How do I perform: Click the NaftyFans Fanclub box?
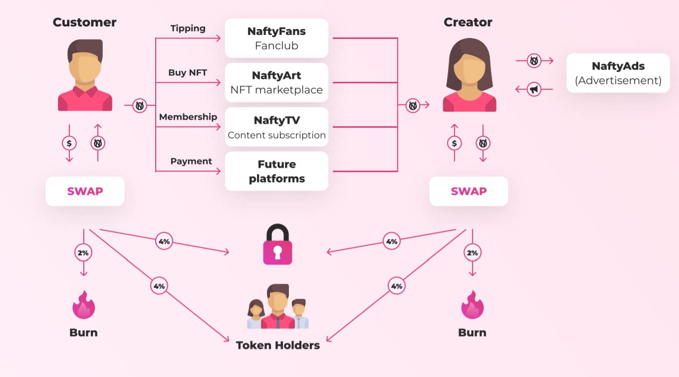tap(276, 38)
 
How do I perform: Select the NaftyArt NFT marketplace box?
tap(276, 83)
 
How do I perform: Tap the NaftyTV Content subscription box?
tap(276, 127)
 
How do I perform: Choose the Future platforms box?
tap(276, 171)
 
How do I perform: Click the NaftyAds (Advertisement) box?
tap(618, 73)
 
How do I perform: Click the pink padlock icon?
tap(278, 245)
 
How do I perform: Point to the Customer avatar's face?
tap(85, 67)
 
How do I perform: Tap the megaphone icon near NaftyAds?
tap(534, 89)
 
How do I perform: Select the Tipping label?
tap(188, 28)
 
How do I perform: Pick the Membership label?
tap(188, 117)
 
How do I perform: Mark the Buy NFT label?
tap(188, 73)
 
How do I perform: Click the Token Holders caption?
tap(278, 345)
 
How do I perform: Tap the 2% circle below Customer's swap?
tap(83, 253)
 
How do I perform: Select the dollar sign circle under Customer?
tap(69, 144)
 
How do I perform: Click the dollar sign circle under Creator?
tap(454, 144)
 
